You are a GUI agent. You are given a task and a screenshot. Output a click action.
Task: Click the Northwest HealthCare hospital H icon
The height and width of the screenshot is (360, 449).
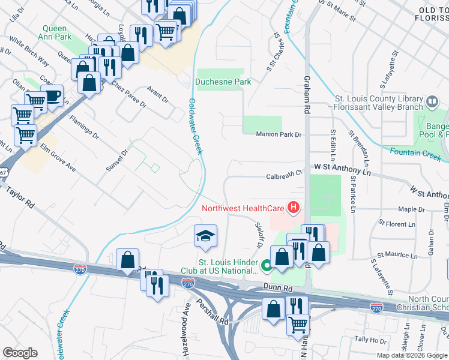coord(294,209)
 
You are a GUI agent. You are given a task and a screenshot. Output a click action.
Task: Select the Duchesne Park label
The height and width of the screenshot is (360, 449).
coord(223,82)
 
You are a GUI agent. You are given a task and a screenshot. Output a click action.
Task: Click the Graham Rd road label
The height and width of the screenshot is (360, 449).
coord(307,100)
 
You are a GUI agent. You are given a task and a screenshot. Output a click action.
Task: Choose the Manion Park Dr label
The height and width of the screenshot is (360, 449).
coord(278,134)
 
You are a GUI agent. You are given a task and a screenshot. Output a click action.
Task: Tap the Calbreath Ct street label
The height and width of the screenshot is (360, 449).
coord(284,176)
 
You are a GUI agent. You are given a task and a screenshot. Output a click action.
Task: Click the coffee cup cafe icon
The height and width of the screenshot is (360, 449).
coord(52,95)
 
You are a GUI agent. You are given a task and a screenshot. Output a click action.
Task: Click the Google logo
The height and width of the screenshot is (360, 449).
coord(19,353)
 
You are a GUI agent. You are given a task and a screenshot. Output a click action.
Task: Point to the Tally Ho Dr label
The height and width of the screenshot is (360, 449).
coord(370,340)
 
